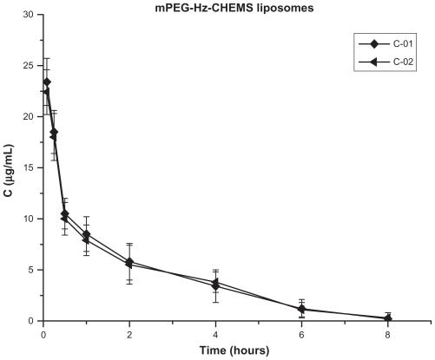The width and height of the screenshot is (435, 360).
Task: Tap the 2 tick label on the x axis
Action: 129,333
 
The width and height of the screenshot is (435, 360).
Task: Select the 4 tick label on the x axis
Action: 215,333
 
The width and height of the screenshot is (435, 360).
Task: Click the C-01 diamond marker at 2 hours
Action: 129,261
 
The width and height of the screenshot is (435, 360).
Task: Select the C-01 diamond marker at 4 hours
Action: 215,282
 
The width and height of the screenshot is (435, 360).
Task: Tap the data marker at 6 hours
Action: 301,309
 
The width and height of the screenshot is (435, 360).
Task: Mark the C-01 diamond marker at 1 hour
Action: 86,234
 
